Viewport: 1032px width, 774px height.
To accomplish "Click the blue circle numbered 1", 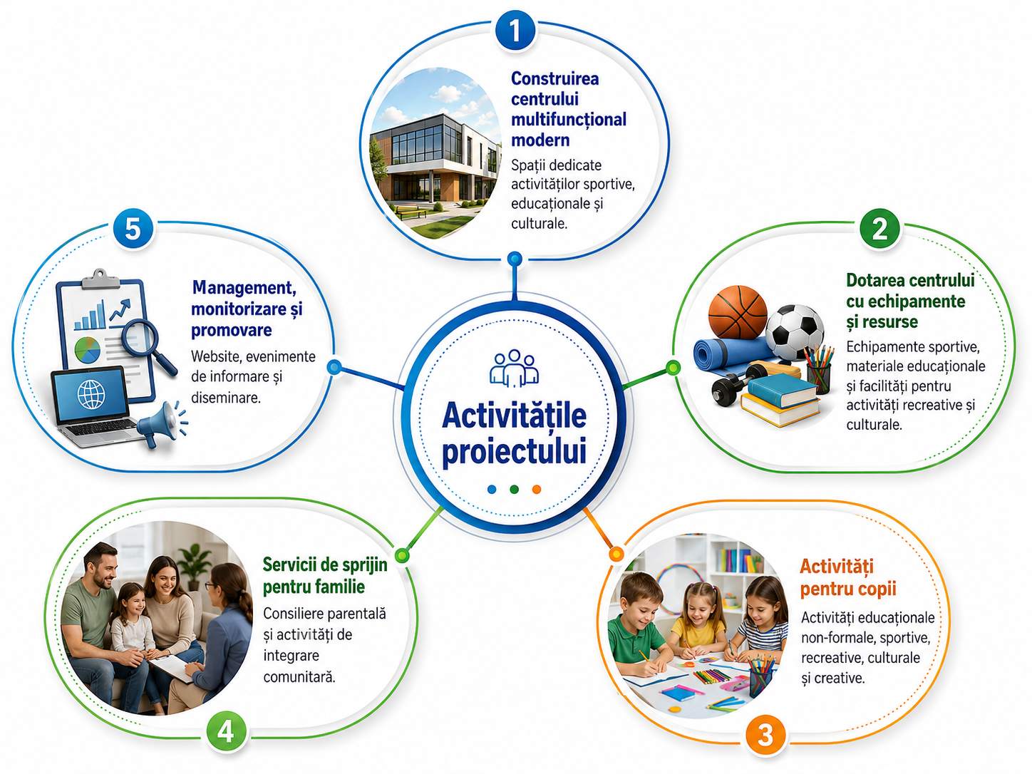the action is (x=515, y=30).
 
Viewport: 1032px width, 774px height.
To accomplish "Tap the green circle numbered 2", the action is (x=879, y=229).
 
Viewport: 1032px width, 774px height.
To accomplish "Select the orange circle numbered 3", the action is (x=765, y=736).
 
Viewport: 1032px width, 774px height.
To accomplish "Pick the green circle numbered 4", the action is (x=226, y=732).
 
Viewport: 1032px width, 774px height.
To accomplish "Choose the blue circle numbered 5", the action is (x=133, y=229).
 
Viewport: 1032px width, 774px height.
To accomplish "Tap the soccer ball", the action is (x=795, y=332).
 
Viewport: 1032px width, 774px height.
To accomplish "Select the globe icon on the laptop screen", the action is (x=91, y=394).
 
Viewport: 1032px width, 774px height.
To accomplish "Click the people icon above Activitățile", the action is (x=515, y=368).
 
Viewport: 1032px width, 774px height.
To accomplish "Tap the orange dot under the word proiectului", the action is (x=537, y=489).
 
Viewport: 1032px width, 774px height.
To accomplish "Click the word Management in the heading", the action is (x=244, y=288).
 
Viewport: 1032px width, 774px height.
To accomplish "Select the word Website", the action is (x=215, y=356).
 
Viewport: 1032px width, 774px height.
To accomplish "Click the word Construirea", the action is (x=554, y=78).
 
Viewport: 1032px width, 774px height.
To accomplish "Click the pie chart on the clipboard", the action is (x=88, y=350).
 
